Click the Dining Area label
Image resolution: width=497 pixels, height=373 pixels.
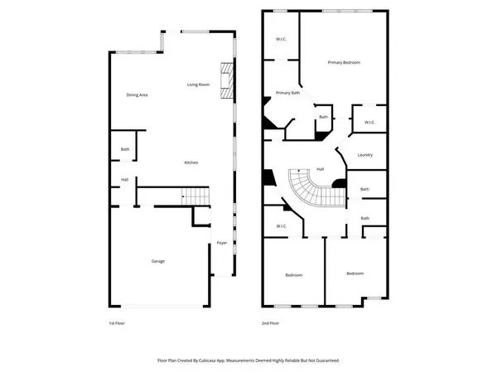pyautogui.click(x=137, y=95)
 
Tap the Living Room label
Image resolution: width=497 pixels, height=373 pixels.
pyautogui.click(x=198, y=85)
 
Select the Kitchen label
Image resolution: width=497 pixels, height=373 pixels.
pyautogui.click(x=191, y=162)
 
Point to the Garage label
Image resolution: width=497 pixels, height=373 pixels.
pyautogui.click(x=157, y=261)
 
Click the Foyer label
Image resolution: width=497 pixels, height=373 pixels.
pyautogui.click(x=222, y=243)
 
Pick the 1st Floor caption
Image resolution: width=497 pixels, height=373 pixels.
pyautogui.click(x=117, y=322)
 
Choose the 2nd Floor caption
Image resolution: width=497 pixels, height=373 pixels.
pyautogui.click(x=270, y=322)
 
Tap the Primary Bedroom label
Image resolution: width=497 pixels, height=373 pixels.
pyautogui.click(x=344, y=63)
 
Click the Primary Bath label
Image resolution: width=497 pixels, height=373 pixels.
pyautogui.click(x=288, y=93)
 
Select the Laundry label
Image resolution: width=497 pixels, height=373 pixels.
pyautogui.click(x=365, y=155)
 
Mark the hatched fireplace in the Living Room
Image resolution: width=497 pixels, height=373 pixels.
pyautogui.click(x=226, y=80)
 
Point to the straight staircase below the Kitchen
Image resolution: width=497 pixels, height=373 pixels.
pyautogui.click(x=196, y=196)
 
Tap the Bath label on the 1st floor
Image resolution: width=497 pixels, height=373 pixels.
pyautogui.click(x=125, y=149)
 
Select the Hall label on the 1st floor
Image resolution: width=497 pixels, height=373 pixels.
pyautogui.click(x=124, y=179)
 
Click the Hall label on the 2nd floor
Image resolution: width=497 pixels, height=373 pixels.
pyautogui.click(x=320, y=169)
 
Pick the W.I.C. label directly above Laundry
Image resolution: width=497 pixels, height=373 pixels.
pyautogui.click(x=369, y=123)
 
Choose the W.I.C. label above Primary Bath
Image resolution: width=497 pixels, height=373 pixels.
pyautogui.click(x=281, y=40)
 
